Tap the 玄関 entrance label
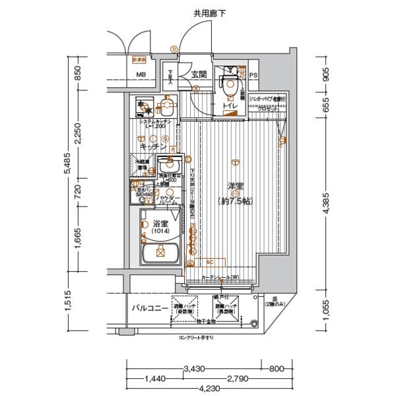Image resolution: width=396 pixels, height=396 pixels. (199, 75)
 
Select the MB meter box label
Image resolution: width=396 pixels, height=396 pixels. (141, 75)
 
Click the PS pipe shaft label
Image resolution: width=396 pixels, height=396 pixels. (253, 75)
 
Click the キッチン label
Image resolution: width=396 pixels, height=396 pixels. (152, 147)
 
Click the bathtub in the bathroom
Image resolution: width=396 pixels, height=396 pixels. (160, 253)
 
